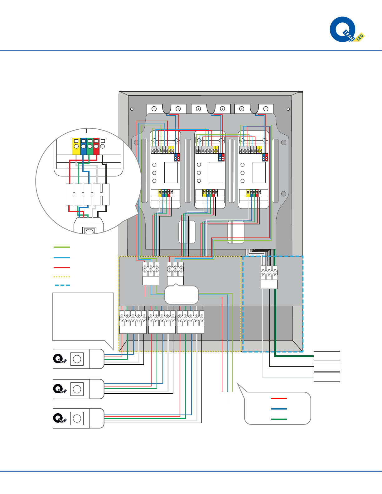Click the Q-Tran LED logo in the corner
pos(346,30)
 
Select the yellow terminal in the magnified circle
pos(76,146)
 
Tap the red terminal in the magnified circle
pos(96,146)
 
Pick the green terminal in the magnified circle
pos(89,146)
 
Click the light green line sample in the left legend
pos(61,247)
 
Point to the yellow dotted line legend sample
pos(61,276)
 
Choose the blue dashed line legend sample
pos(62,285)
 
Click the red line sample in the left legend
pos(61,268)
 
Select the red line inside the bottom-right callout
pos(279,398)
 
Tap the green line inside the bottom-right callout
pos(279,419)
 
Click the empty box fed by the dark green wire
pos(327,356)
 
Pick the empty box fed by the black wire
pos(327,367)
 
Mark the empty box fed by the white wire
pos(327,377)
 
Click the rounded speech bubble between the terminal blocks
pos(181,295)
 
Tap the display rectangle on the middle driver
pos(215,172)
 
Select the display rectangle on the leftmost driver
pos(171,172)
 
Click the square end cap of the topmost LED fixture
pos(77,359)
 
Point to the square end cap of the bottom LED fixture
pos(77,418)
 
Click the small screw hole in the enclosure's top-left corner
pos(132,109)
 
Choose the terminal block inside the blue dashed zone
pos(269,277)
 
